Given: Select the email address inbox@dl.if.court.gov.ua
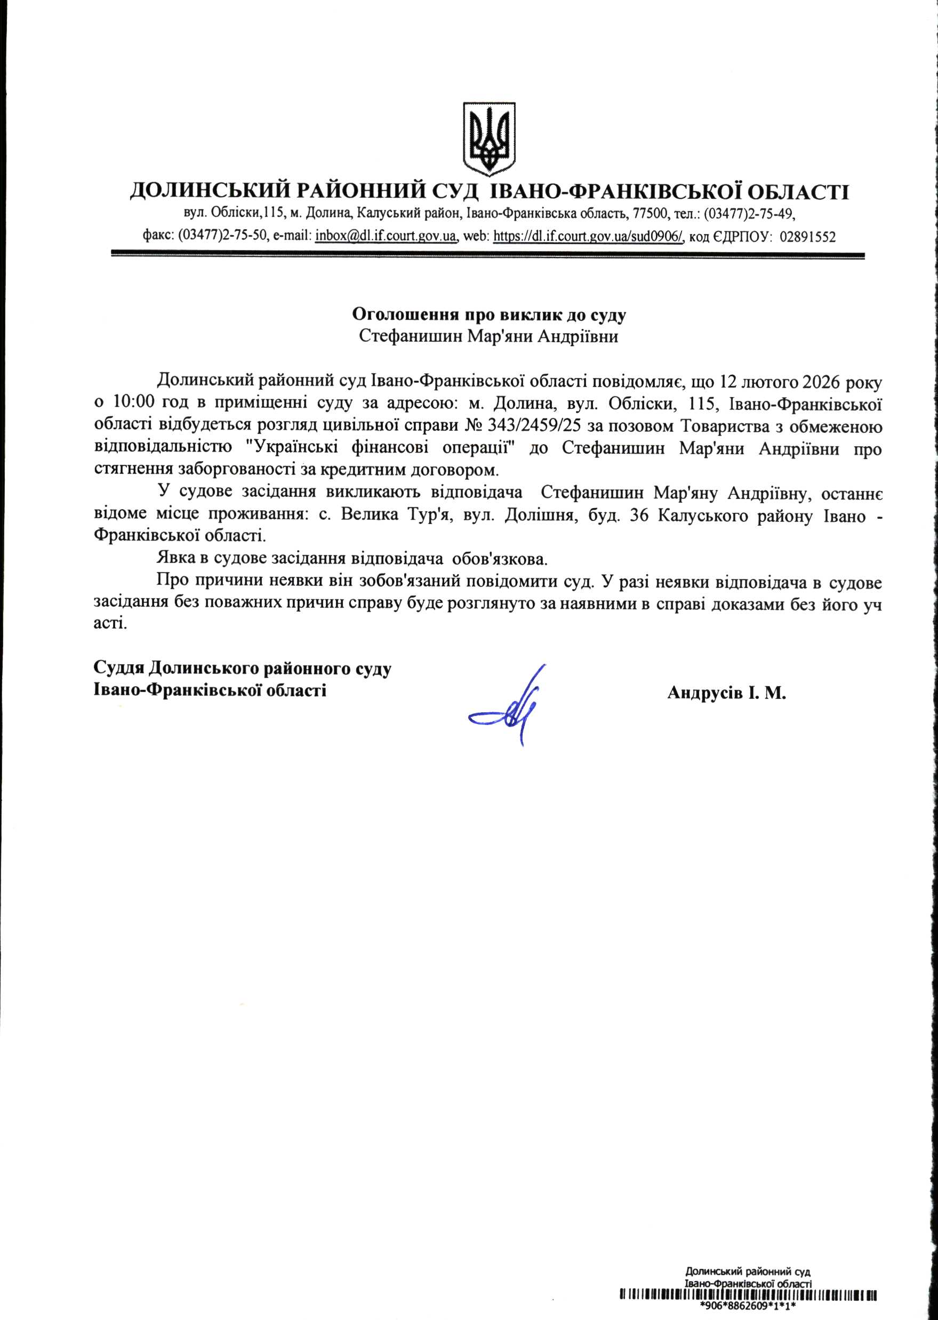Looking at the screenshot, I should pyautogui.click(x=386, y=236).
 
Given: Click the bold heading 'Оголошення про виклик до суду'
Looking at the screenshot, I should pyautogui.click(x=489, y=315).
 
